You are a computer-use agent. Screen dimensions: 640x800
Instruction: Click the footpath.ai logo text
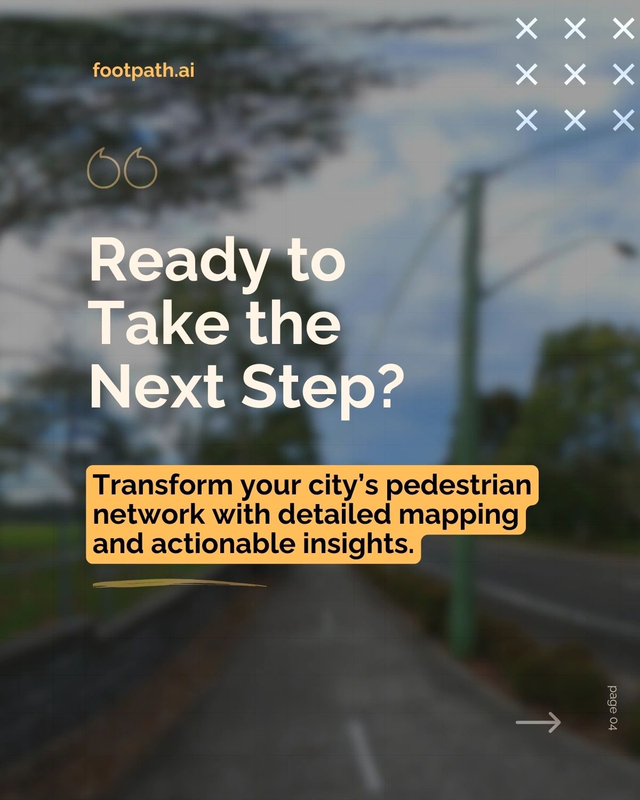143,70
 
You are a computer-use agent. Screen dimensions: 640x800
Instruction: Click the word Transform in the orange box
163,485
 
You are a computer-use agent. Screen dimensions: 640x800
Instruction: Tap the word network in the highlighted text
149,515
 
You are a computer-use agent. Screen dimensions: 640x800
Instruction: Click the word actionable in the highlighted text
223,544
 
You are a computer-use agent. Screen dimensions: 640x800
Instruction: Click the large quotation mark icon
122,168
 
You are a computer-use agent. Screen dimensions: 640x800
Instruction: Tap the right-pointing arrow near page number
538,722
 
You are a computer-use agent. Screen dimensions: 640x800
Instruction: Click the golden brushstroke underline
179,583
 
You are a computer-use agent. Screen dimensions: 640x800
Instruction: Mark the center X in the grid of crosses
575,74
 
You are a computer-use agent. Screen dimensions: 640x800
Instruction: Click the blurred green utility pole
467,409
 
